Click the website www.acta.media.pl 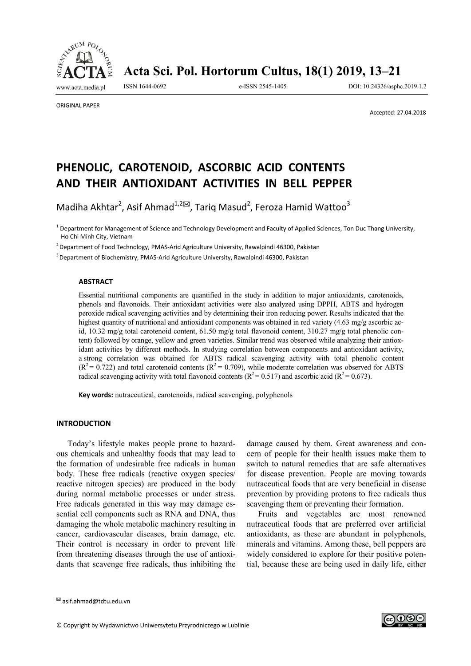tap(80, 87)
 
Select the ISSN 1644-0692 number tap(144, 87)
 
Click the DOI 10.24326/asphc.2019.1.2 tap(387, 87)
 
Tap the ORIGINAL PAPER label tap(78, 105)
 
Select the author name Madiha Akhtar tap(87, 207)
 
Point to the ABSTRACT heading tap(95, 281)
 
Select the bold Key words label tap(95, 395)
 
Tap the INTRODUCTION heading tap(83, 424)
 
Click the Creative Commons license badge tap(404, 620)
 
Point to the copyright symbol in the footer tap(59, 625)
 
